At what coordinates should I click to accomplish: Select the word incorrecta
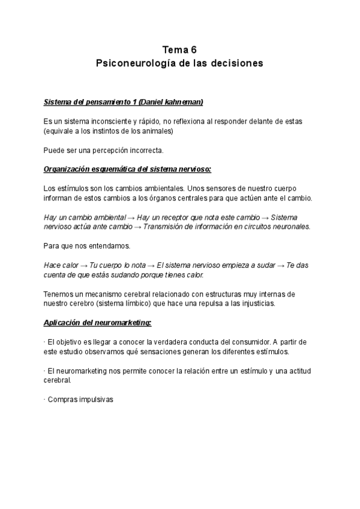pyautogui.click(x=141, y=150)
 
